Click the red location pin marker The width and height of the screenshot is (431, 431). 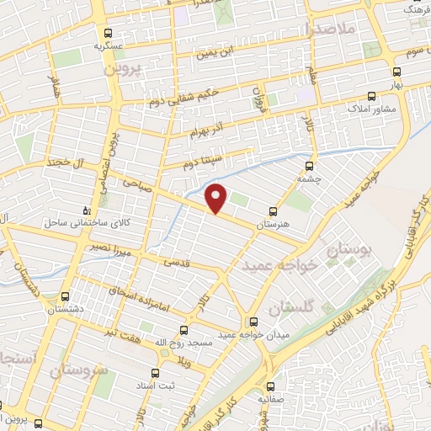point(217,197)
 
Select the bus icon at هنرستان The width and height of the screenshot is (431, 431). point(271,213)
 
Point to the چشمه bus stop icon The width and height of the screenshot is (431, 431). point(311,166)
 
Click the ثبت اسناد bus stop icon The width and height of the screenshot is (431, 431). point(154,372)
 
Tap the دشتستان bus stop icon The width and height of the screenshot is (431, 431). point(66,296)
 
